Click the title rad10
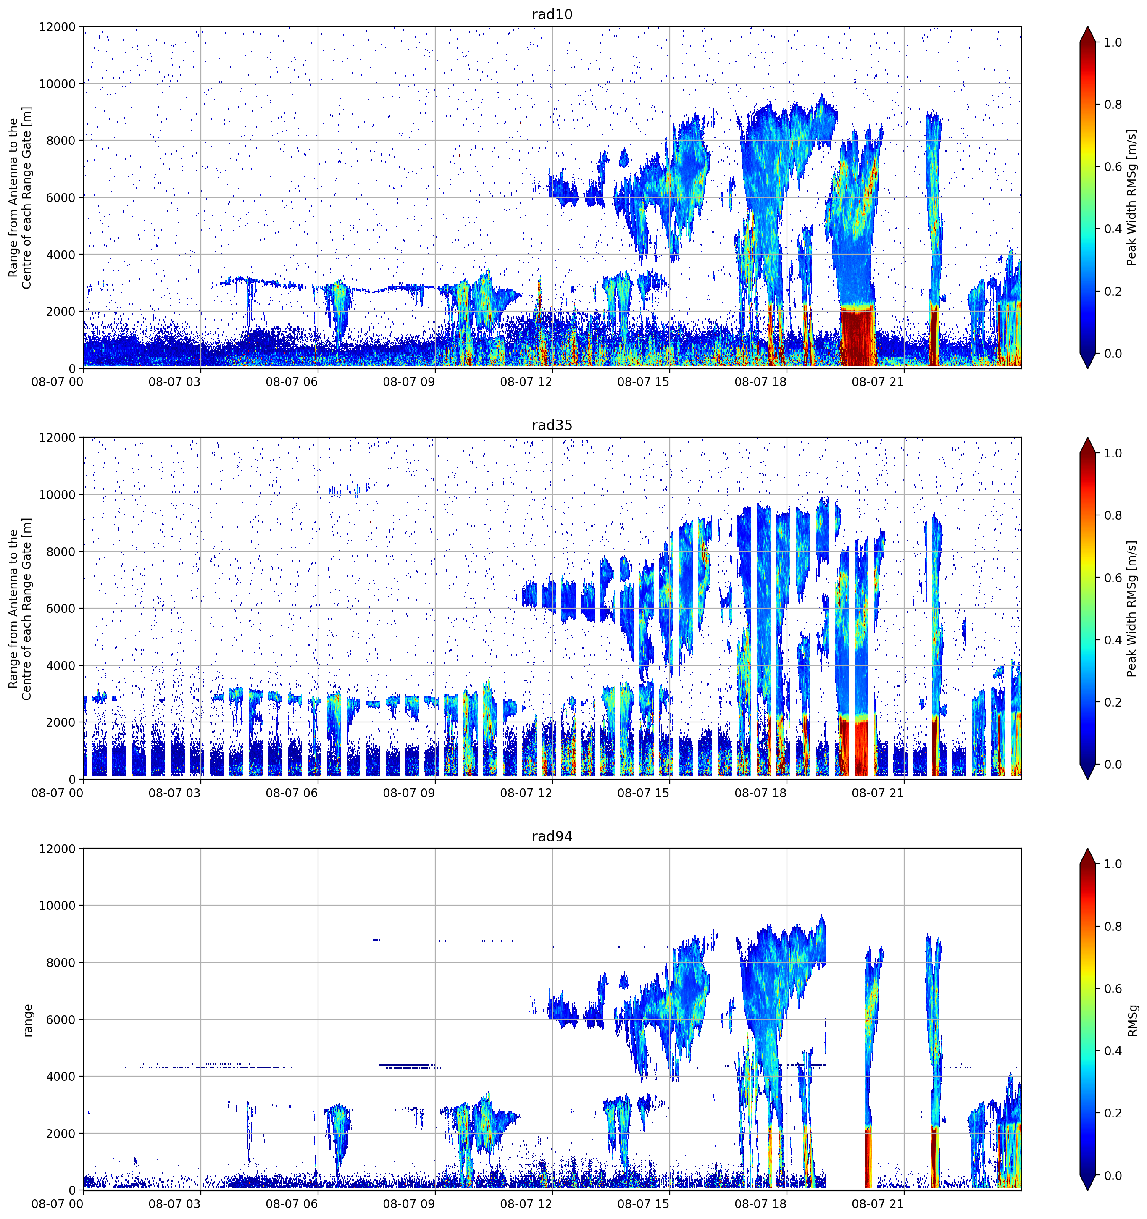tap(552, 14)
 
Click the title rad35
tap(552, 425)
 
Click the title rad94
tap(552, 836)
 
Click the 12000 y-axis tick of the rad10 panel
tap(57, 27)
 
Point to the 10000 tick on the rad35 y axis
tap(57, 495)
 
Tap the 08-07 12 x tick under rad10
tap(526, 382)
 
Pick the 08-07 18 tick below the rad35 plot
tap(760, 793)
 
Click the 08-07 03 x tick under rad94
tap(174, 1204)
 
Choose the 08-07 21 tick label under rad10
tap(878, 382)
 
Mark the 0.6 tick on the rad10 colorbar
tap(1113, 167)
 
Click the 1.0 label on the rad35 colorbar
tap(1113, 453)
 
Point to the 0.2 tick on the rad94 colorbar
tap(1113, 1113)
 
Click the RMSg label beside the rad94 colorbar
tap(1132, 1020)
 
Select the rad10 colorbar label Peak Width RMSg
tap(1132, 197)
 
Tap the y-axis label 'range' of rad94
tap(28, 1020)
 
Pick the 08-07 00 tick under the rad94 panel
tap(57, 1204)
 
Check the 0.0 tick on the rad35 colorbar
tap(1113, 764)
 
